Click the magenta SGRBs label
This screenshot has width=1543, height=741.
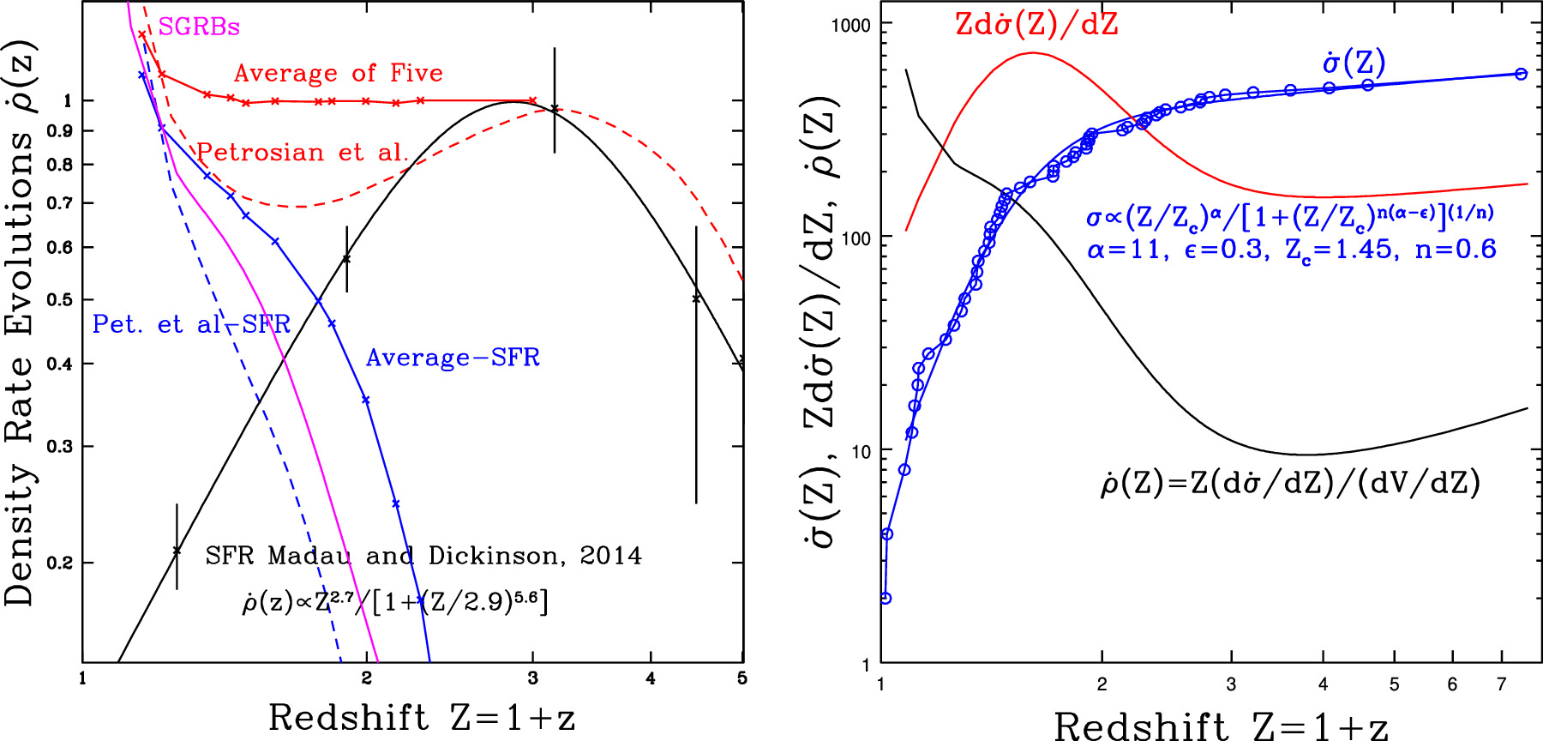pos(198,27)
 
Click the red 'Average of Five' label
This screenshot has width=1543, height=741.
pos(339,73)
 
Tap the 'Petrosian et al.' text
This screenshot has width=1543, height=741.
pos(303,153)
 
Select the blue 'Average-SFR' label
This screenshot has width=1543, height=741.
pos(453,358)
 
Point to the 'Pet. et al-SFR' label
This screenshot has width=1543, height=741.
pos(191,324)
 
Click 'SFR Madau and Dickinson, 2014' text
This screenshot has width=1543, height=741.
pos(423,556)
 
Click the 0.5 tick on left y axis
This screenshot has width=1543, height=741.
pos(60,299)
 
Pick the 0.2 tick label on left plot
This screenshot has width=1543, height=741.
pos(60,563)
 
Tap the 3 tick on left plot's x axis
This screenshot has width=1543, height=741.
pos(532,679)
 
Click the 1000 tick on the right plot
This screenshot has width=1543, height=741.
pos(850,25)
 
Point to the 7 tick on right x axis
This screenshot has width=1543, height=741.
pos(1501,684)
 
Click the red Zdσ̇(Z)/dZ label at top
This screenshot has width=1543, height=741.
pos(1036,24)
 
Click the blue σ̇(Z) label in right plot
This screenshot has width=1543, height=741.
pos(1354,62)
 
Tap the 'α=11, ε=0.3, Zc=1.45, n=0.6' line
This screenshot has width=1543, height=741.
pos(1292,250)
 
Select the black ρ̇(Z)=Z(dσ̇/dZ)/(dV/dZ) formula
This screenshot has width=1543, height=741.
pos(1290,483)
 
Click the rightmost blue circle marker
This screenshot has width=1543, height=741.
pos(1521,74)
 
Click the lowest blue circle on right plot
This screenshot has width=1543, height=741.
pos(886,598)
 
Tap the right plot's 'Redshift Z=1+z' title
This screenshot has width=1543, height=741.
pos(1220,726)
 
